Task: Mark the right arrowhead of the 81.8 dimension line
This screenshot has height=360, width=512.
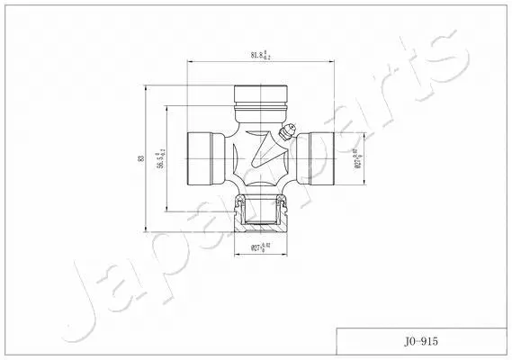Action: (x=334, y=62)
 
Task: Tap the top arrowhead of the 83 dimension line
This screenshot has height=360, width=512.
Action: (x=147, y=88)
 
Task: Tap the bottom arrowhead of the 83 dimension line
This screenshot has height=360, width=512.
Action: (x=147, y=229)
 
